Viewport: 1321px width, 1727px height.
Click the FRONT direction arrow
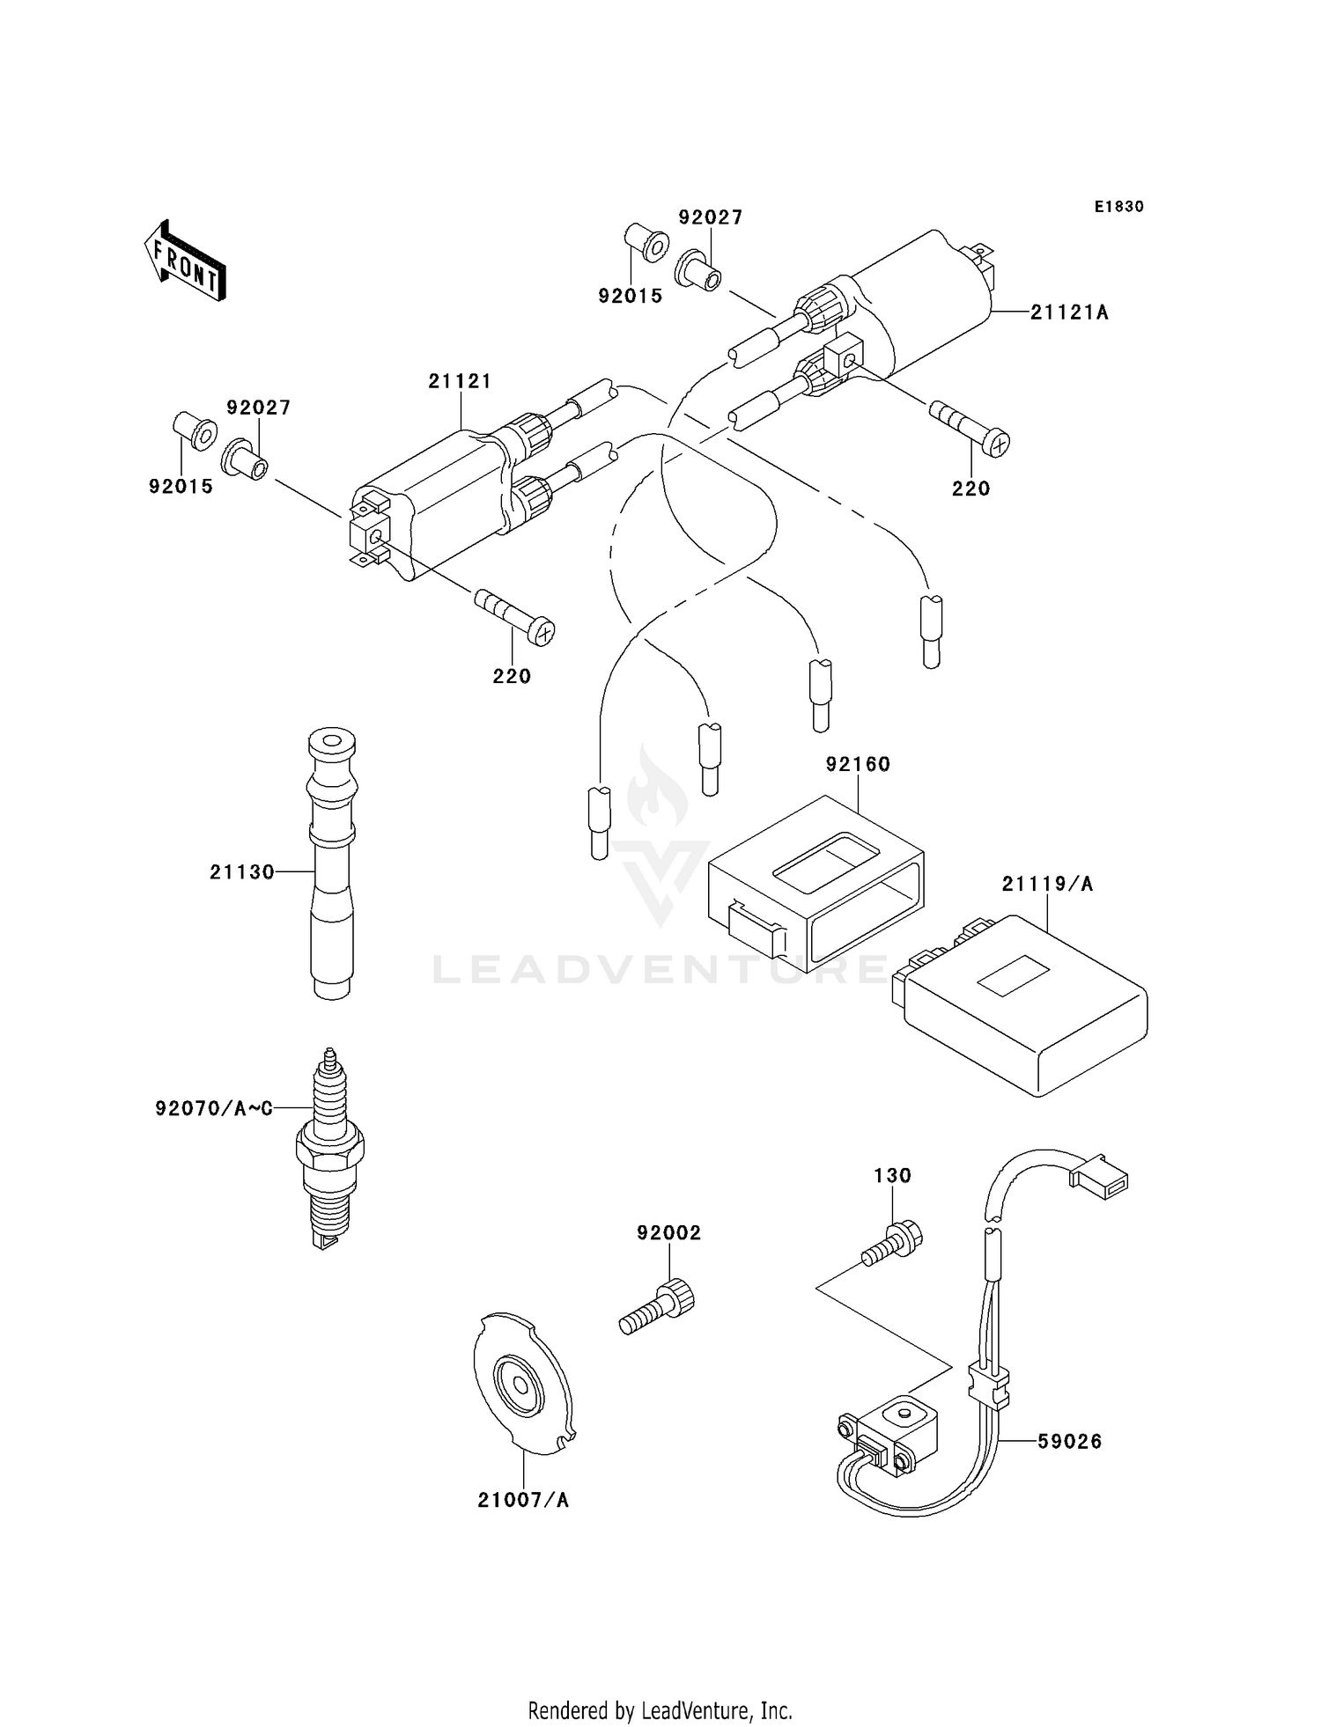[x=185, y=261]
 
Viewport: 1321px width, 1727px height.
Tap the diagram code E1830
[x=1119, y=207]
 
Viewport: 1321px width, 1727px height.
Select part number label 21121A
[x=1070, y=312]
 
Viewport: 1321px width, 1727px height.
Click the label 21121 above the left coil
[x=460, y=381]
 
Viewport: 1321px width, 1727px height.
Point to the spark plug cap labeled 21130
[x=331, y=863]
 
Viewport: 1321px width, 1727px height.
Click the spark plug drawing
[x=329, y=1148]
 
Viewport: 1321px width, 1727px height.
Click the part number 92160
[x=858, y=764]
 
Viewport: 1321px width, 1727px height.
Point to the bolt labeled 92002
[x=656, y=1306]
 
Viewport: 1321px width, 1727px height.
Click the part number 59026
[x=1069, y=1442]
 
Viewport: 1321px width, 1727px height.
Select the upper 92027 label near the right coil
[x=711, y=217]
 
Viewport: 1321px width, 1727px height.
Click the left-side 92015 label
[x=181, y=486]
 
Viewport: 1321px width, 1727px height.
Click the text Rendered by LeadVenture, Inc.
[x=660, y=1710]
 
